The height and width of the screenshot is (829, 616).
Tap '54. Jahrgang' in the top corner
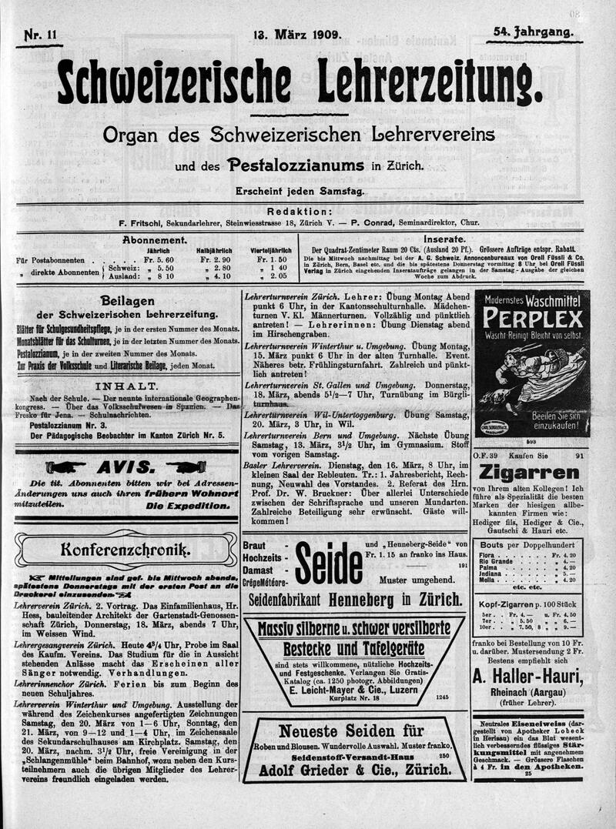pyautogui.click(x=534, y=32)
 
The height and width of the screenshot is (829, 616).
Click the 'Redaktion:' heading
pyautogui.click(x=300, y=211)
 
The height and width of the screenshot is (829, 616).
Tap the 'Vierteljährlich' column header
pyautogui.click(x=270, y=250)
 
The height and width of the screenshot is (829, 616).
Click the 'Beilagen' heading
pyautogui.click(x=128, y=300)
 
